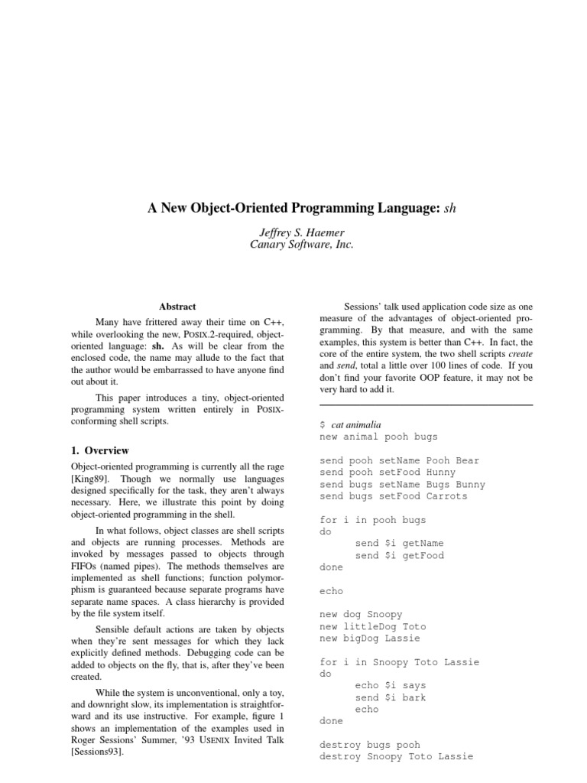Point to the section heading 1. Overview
pyautogui.click(x=100, y=450)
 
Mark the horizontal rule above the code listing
pyautogui.click(x=426, y=404)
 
